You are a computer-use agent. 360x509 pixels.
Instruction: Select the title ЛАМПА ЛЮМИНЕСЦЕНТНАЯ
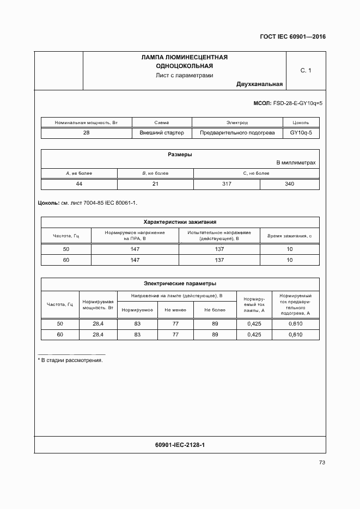coord(184,57)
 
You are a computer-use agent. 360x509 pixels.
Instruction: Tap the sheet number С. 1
coord(306,70)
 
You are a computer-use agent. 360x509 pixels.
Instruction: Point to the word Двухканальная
coord(259,84)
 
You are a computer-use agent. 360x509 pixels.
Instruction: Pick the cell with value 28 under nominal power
coord(87,133)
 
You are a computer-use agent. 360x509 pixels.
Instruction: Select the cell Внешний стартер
coord(162,133)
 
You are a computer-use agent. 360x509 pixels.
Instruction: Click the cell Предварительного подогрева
coord(237,133)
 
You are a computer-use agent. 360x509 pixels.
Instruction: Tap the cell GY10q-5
coord(301,133)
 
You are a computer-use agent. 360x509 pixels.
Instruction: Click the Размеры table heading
coord(180,155)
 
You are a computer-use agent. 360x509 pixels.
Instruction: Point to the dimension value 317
coord(227,184)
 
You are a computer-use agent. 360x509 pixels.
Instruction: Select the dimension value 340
coord(289,184)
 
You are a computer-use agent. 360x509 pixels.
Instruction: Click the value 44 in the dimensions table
coord(79,184)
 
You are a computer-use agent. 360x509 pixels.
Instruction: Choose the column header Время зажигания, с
coord(289,236)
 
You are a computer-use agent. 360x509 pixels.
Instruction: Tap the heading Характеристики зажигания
coord(180,222)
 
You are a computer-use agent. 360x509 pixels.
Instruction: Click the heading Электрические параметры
coord(180,284)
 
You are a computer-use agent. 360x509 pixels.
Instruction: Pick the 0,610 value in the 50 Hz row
coord(295,324)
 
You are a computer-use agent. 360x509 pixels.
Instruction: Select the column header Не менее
coord(175,310)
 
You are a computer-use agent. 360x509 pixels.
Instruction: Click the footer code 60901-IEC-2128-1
coord(180,445)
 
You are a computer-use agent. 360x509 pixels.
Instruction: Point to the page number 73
coord(322,463)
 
